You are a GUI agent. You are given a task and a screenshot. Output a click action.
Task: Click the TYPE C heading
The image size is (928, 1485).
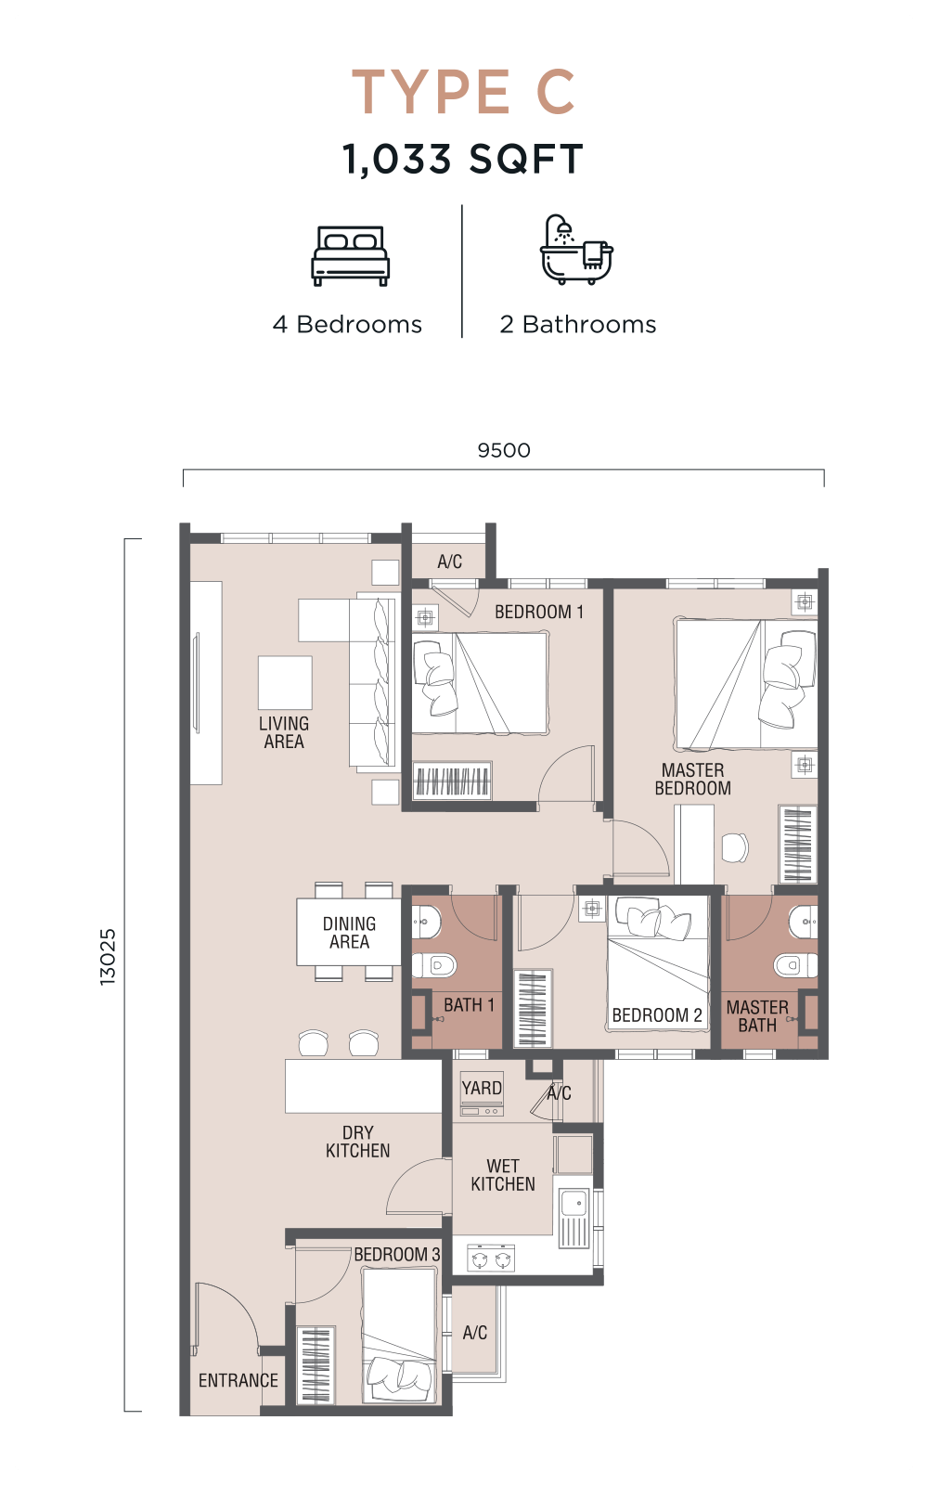[463, 92]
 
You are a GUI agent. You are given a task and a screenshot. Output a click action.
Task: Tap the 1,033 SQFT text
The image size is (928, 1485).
[463, 159]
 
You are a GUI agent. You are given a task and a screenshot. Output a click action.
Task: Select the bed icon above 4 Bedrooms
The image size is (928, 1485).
[351, 256]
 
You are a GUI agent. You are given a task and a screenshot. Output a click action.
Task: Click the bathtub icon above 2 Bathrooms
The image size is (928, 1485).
[576, 250]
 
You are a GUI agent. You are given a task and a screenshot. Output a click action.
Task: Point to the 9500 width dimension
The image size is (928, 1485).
[504, 451]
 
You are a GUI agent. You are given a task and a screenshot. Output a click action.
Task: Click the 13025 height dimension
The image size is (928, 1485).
[108, 957]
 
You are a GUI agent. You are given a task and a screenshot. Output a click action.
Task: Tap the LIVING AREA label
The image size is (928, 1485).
[284, 732]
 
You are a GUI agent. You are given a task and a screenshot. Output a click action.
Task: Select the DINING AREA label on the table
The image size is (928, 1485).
[349, 933]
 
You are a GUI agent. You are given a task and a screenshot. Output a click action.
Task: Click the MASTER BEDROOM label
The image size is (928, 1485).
[692, 779]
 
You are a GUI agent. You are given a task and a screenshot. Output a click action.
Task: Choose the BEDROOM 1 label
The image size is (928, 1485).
[539, 612]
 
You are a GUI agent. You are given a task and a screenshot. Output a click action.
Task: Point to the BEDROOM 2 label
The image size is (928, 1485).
[657, 1015]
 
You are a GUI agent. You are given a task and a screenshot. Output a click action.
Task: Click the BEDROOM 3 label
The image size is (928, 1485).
[397, 1254]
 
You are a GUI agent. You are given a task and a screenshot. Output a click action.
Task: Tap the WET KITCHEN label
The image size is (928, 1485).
[502, 1175]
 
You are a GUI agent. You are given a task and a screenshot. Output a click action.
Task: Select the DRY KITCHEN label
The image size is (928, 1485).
[358, 1142]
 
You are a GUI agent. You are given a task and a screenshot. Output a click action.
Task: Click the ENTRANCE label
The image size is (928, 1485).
[238, 1380]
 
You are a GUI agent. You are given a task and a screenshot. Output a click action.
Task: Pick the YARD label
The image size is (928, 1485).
[482, 1088]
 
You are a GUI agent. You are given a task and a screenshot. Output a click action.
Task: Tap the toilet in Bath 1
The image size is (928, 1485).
[434, 965]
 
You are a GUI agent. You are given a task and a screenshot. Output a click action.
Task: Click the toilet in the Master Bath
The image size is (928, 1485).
[795, 965]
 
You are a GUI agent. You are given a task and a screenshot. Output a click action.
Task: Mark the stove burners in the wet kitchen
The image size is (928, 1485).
[491, 1258]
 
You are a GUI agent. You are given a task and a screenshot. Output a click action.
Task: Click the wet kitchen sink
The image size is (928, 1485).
[574, 1219]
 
